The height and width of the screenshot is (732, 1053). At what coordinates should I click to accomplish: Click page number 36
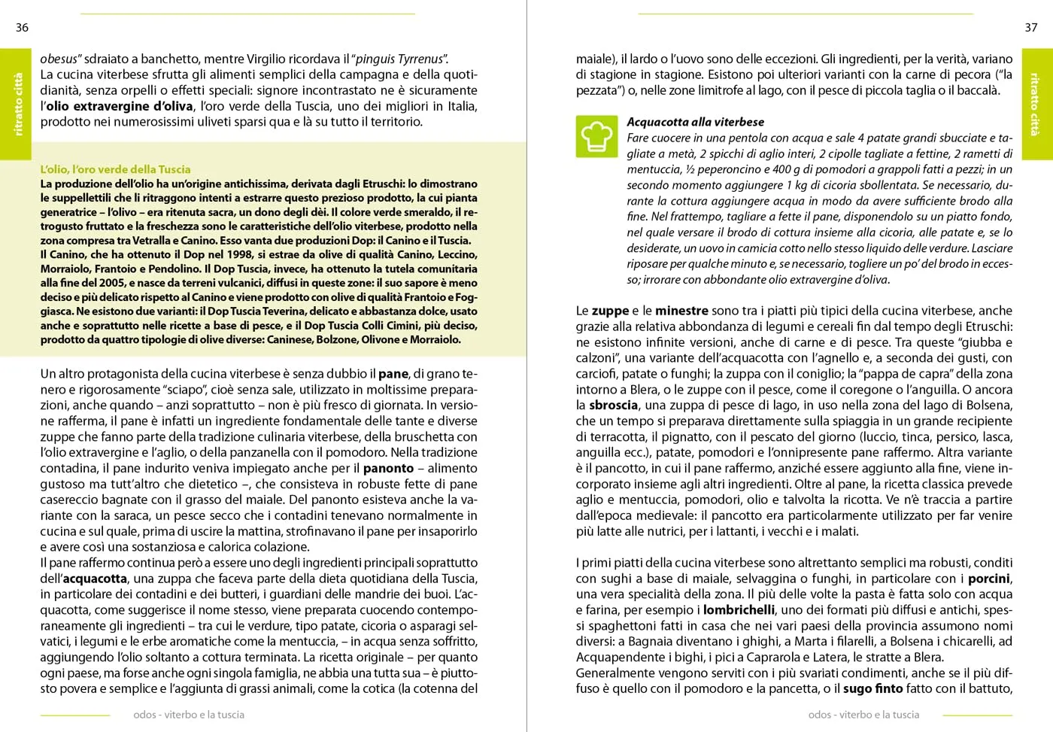[x=22, y=28]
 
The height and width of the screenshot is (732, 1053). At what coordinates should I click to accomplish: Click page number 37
[x=1031, y=28]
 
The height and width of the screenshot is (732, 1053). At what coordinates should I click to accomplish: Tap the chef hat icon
[x=596, y=136]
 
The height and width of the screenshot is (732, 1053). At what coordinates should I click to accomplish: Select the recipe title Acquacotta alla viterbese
[x=695, y=122]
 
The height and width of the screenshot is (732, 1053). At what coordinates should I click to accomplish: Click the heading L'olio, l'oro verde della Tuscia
[x=115, y=169]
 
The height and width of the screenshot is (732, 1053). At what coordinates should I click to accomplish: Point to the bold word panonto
[x=388, y=468]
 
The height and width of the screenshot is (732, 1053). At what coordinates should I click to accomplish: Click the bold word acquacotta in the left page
[x=95, y=579]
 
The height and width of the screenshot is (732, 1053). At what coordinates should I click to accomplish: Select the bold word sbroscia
[x=613, y=405]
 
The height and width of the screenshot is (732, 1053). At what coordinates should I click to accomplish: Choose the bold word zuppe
[x=610, y=310]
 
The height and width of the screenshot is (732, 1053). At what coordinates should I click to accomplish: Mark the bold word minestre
[x=681, y=310]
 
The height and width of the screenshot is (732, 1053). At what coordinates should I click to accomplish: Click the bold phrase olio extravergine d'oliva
[x=120, y=106]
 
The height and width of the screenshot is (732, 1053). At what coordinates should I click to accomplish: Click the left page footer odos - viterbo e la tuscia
[x=189, y=715]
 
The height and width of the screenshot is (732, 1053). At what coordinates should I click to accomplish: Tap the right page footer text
[x=863, y=715]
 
